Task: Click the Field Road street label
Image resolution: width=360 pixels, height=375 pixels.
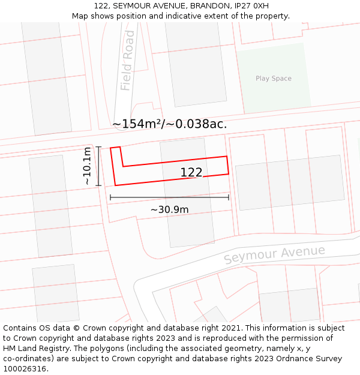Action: click(127, 69)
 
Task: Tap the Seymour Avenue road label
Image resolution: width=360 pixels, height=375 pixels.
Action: click(274, 254)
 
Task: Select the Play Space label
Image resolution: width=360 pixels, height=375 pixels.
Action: click(273, 79)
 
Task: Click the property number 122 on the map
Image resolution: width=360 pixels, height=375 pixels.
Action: click(191, 173)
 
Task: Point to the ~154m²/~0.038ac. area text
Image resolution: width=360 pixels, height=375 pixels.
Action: click(169, 124)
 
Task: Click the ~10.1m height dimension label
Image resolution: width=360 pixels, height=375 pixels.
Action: click(88, 166)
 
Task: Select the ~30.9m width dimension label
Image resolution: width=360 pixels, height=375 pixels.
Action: click(169, 209)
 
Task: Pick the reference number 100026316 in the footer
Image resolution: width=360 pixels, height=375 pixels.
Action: click(25, 369)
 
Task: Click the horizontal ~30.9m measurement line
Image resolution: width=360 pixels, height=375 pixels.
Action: click(169, 197)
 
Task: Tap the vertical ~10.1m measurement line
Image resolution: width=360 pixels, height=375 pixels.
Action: click(99, 166)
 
